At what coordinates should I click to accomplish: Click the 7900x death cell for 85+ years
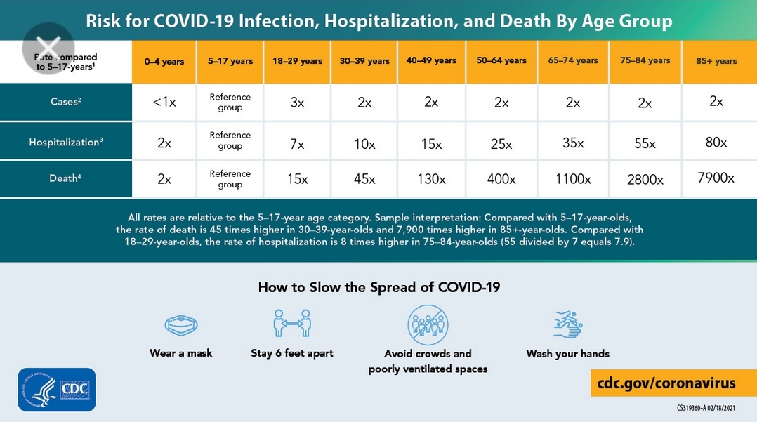716,178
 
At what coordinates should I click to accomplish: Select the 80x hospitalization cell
716,143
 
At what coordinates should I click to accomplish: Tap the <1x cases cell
164,103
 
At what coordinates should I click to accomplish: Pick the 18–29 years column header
297,61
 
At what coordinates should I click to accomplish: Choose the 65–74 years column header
573,61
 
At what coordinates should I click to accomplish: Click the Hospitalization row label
66,143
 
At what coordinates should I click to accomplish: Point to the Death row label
66,178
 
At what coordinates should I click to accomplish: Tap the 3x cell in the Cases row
297,103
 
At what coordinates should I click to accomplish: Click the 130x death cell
431,179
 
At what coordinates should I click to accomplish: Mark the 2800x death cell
645,180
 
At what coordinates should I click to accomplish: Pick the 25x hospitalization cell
501,144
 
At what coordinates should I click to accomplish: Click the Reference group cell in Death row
230,179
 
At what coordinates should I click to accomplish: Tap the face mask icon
180,325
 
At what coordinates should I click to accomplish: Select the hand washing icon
567,324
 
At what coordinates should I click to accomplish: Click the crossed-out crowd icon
428,324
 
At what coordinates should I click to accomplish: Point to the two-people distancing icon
291,324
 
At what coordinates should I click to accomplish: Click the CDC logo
57,390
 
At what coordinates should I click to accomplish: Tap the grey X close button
48,48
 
